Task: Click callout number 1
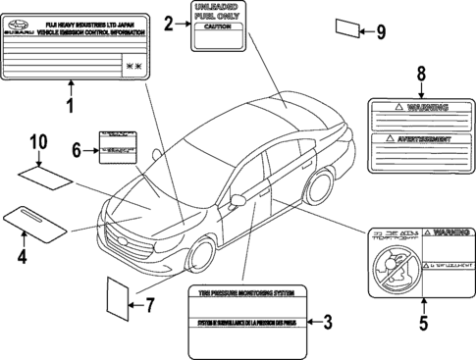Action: coord(70,106)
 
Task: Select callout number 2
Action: coord(170,24)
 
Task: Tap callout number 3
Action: coord(328,321)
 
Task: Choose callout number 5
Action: coord(424,319)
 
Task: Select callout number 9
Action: coord(381,31)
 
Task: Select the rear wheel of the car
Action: coord(320,187)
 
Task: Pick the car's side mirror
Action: coord(238,200)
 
